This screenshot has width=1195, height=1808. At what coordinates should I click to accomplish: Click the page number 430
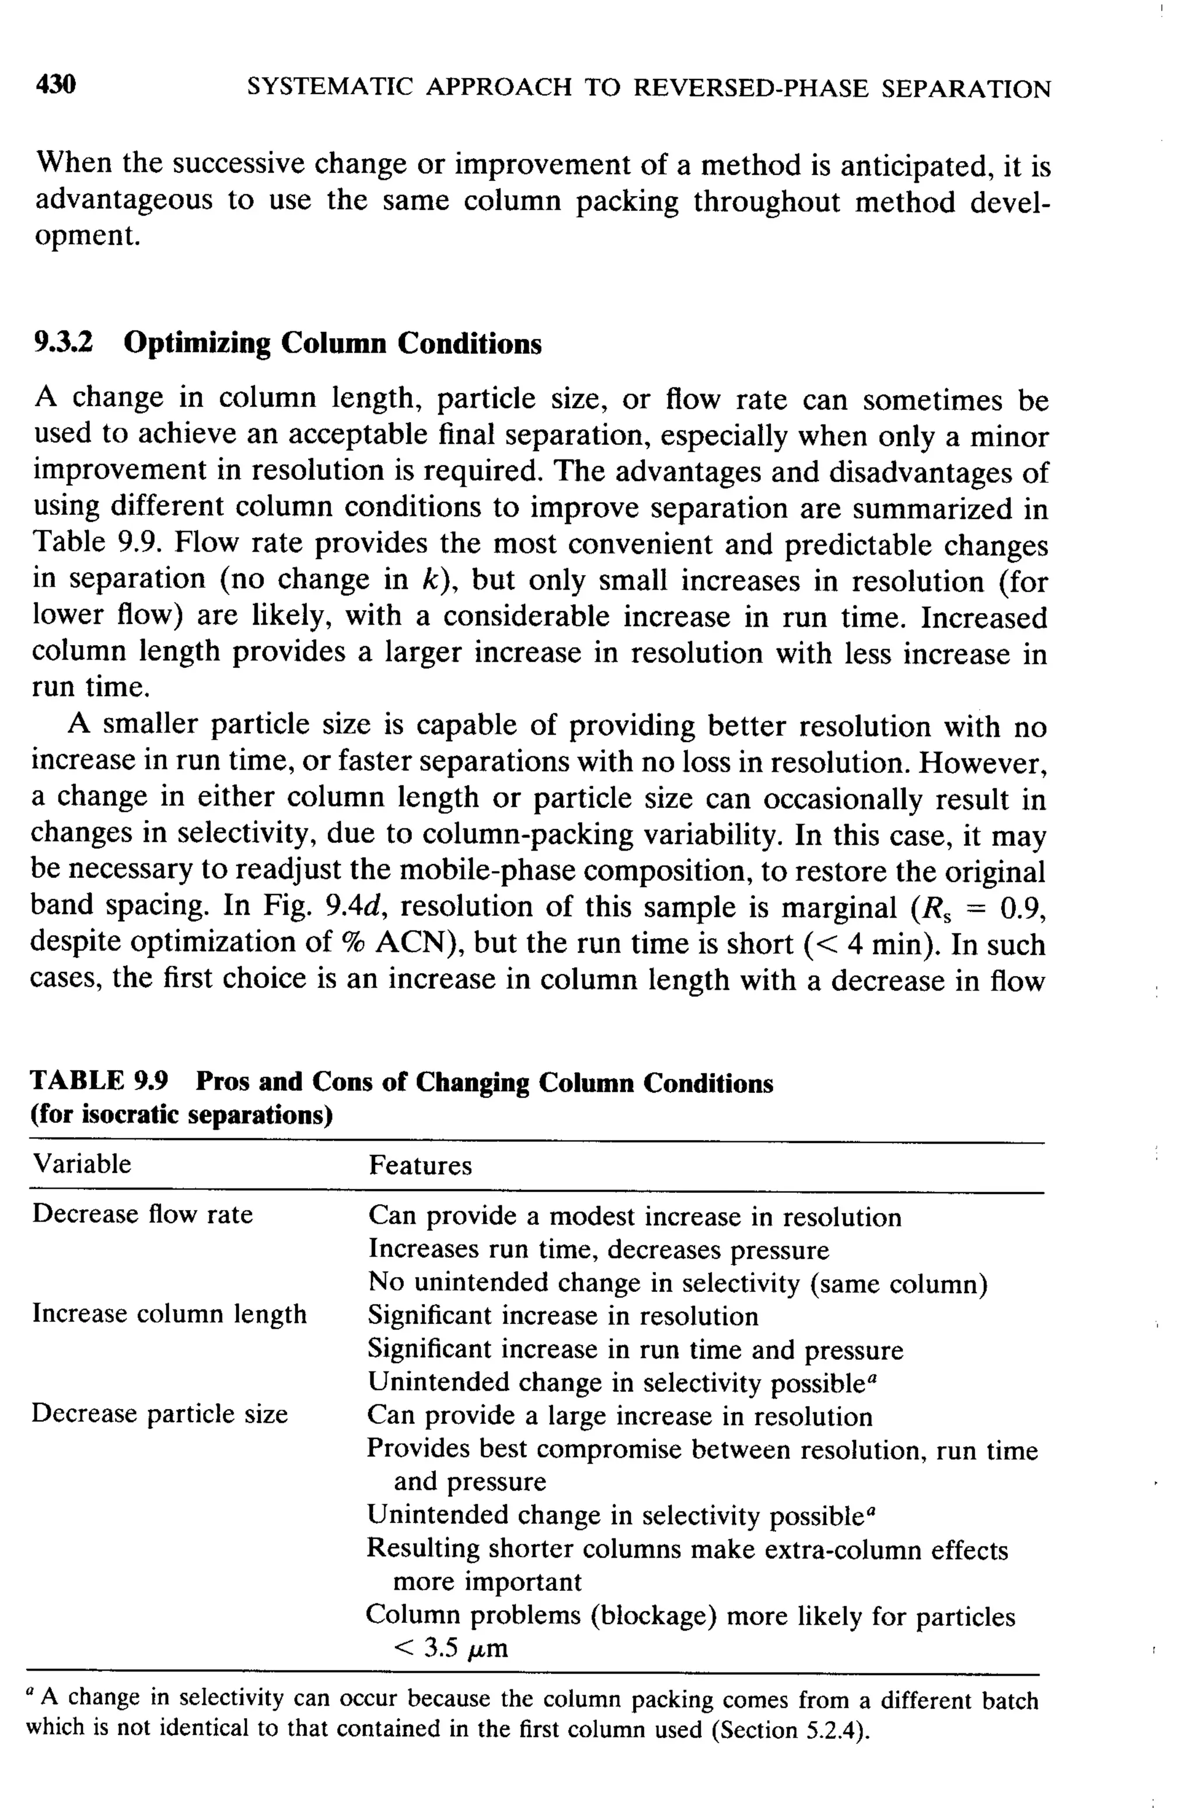(x=55, y=85)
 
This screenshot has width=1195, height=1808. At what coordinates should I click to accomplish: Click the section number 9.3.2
(x=64, y=343)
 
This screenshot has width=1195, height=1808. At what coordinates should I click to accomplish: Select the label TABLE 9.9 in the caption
(x=99, y=1081)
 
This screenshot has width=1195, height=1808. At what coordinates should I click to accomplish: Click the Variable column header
(x=82, y=1163)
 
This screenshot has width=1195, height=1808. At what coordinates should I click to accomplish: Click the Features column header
(x=420, y=1165)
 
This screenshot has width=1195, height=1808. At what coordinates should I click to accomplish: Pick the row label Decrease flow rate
(x=142, y=1214)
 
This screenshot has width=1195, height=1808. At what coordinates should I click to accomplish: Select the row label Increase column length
(x=169, y=1314)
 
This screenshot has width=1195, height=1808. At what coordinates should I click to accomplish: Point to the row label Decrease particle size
(x=160, y=1414)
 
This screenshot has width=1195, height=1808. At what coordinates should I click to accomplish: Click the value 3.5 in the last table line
(x=441, y=1649)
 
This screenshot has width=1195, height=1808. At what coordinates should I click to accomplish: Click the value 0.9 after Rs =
(x=1021, y=907)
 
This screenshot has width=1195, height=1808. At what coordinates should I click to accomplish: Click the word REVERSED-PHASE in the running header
(x=751, y=89)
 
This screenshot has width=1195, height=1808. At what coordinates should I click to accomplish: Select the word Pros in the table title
(x=224, y=1081)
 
